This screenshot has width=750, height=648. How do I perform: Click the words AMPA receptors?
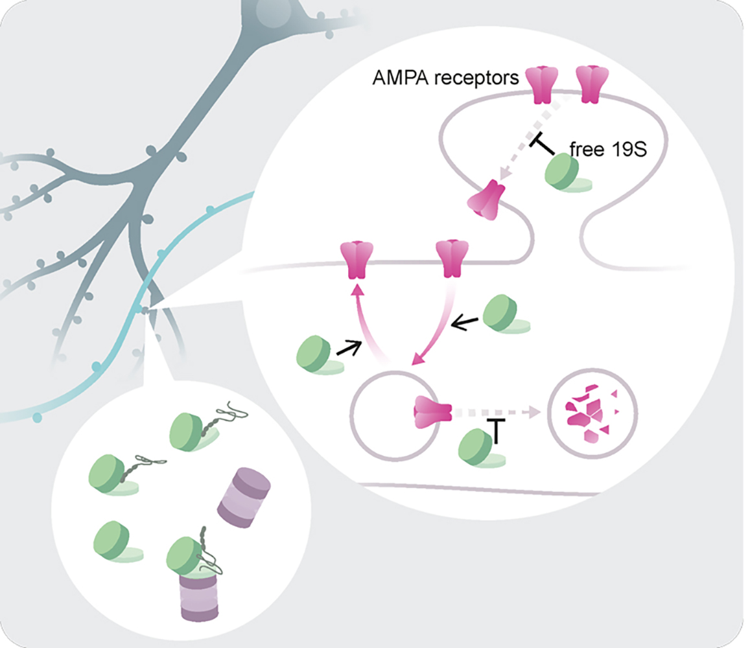(445, 78)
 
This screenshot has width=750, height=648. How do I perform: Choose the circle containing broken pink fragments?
(592, 415)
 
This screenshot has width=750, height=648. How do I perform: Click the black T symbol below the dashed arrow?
(496, 430)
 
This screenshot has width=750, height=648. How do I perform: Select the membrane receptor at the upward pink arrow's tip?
(357, 257)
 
